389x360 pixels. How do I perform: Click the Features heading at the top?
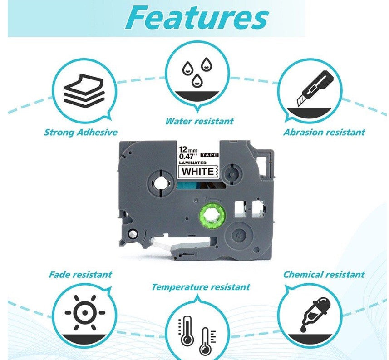click(197, 18)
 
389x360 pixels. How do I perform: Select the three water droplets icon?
click(197, 72)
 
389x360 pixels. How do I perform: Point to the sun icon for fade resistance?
click(85, 312)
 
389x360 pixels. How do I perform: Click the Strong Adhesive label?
click(81, 132)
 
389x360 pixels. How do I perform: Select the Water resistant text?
click(199, 121)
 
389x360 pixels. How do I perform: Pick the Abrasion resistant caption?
click(324, 132)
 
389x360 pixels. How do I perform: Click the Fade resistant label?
click(80, 274)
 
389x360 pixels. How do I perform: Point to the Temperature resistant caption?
click(201, 287)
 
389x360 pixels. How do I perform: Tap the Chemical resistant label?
click(324, 274)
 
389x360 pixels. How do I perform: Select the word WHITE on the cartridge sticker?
click(198, 171)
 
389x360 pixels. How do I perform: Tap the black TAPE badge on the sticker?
click(209, 155)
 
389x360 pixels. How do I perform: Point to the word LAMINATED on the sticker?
click(193, 163)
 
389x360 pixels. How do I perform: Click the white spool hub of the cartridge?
click(160, 183)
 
